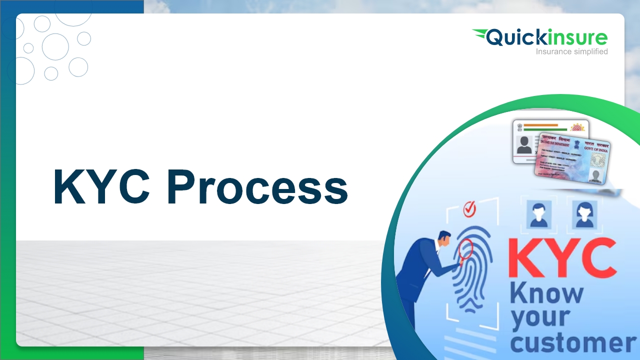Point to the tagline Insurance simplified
coord(571,51)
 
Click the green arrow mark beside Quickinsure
coord(480,35)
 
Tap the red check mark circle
coord(469,209)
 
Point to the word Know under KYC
coord(546,294)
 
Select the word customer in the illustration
coord(573,343)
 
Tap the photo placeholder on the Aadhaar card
coord(524,144)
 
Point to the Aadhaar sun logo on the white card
coord(577,127)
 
